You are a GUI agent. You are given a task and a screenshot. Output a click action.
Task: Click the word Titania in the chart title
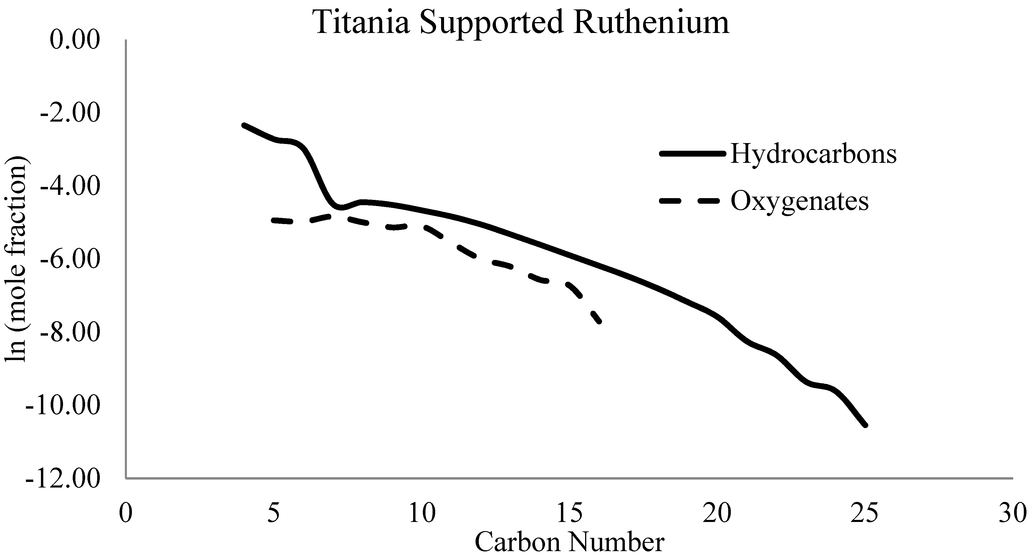click(362, 22)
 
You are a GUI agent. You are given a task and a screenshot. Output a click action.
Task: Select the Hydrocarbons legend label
click(814, 154)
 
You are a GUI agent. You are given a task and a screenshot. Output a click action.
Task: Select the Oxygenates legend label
click(800, 201)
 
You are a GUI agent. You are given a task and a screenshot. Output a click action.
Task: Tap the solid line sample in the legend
click(692, 154)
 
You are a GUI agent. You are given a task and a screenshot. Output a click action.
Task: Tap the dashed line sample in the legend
click(692, 201)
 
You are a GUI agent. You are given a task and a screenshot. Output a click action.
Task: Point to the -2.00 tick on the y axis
click(70, 114)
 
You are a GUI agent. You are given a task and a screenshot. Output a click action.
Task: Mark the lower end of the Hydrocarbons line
click(865, 425)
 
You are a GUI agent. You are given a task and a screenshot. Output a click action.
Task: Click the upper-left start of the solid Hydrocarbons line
click(244, 125)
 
